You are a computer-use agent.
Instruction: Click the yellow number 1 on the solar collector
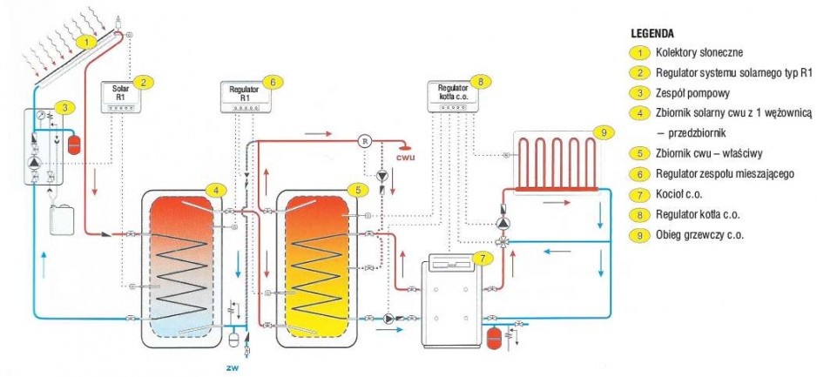pos(86,41)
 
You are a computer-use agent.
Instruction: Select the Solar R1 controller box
pos(120,98)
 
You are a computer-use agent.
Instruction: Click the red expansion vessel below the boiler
pos(493,338)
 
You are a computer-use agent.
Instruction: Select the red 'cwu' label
pos(406,157)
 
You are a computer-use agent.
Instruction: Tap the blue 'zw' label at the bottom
pos(232,367)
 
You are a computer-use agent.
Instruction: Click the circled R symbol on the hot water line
pos(364,141)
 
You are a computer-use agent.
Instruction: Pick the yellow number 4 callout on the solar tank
pos(216,190)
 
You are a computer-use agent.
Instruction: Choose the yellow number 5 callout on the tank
pos(358,190)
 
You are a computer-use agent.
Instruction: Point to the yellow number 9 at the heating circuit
pos(604,133)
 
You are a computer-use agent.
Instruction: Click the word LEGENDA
pos(652,34)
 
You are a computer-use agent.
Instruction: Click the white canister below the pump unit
pos(62,220)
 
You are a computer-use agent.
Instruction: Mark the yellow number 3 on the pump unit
pos(64,108)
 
